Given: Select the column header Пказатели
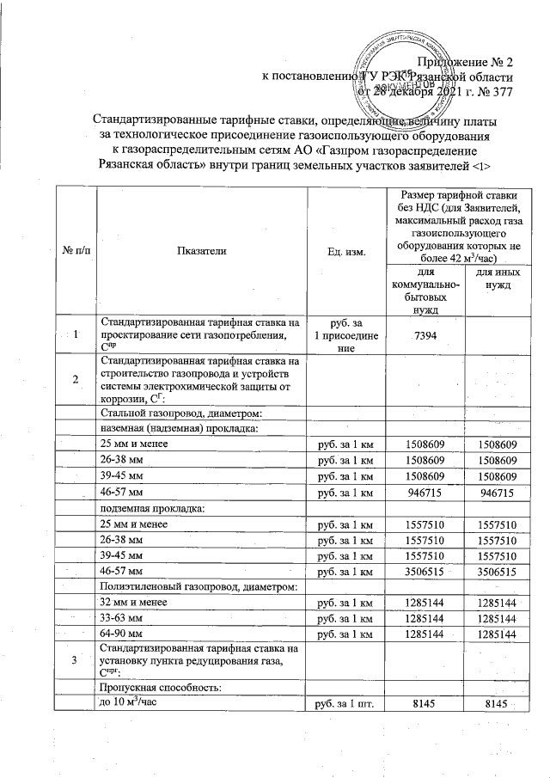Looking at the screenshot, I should click(202, 250).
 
